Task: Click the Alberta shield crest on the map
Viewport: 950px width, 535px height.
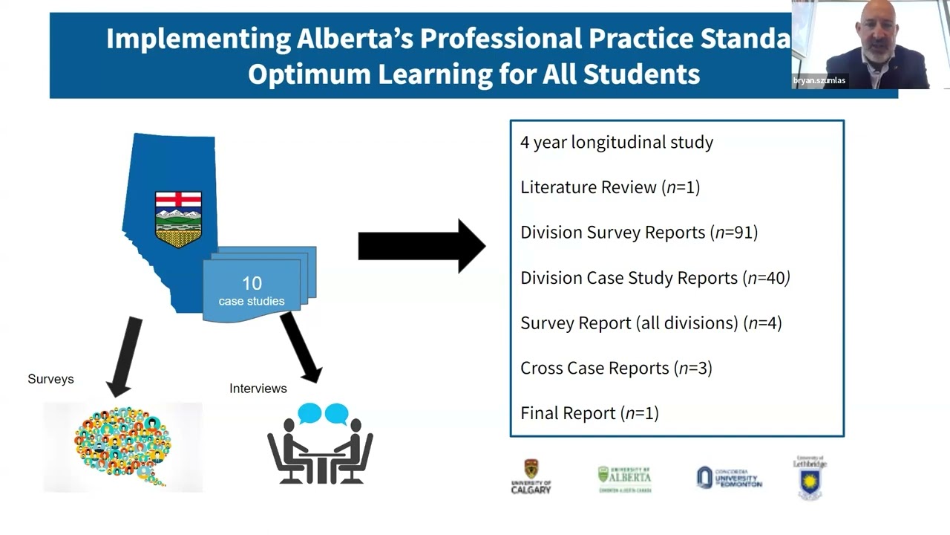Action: point(178,219)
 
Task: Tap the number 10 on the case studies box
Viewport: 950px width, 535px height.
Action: point(252,283)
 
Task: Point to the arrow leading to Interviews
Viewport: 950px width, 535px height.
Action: point(301,346)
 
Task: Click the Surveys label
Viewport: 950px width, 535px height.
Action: point(50,379)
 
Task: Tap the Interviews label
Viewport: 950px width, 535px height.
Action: point(258,389)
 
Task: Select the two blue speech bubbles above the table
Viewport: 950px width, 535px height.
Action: point(323,413)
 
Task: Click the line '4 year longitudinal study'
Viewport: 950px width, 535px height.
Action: point(616,142)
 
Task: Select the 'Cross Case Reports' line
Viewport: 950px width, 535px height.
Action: point(616,368)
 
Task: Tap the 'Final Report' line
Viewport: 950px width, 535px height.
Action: point(589,413)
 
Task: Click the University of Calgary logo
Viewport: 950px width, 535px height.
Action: point(531,477)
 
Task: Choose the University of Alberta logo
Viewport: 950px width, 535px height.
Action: point(624,479)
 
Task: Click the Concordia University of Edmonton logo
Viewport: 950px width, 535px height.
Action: point(729,478)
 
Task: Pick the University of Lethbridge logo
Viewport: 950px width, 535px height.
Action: point(810,477)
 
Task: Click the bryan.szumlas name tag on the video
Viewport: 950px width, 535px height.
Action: point(820,80)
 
